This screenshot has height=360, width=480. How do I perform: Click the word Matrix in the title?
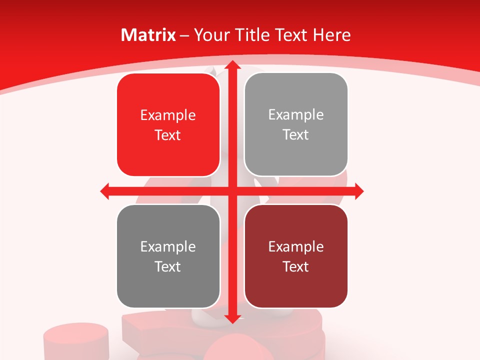coord(148,35)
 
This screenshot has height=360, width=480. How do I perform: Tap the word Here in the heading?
coord(331,35)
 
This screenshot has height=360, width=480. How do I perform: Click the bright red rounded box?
coord(168,125)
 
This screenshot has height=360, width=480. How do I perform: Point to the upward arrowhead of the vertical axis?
coord(231,65)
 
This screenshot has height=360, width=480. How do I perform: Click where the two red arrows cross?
coord(231,191)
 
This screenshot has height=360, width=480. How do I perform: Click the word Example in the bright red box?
coord(168,115)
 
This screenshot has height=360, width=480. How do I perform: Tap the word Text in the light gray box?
coord(296,135)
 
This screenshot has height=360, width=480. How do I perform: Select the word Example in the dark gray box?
coord(168,247)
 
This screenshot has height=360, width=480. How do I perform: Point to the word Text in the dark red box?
coord(296,266)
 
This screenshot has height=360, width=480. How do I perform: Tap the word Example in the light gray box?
coord(296,115)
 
